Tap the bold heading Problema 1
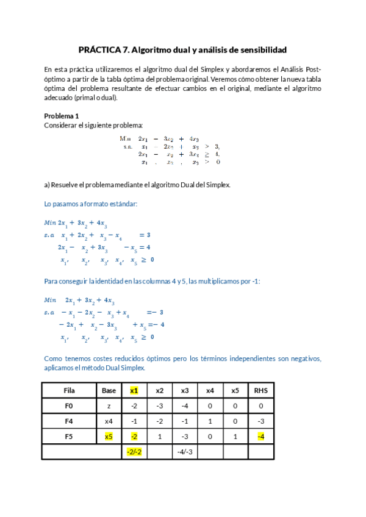click(62, 116)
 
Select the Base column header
click(109, 390)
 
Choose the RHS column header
click(261, 390)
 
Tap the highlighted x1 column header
click(134, 390)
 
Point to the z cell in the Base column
click(109, 405)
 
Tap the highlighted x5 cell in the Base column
click(109, 436)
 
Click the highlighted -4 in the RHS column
click(261, 436)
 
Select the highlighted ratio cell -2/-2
click(134, 452)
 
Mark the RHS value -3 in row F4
click(261, 421)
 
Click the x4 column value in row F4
click(210, 421)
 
